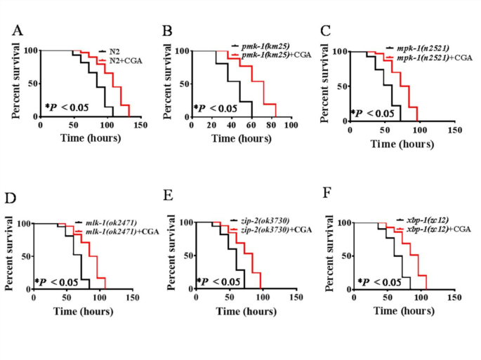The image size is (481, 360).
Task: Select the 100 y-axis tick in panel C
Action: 341,51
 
